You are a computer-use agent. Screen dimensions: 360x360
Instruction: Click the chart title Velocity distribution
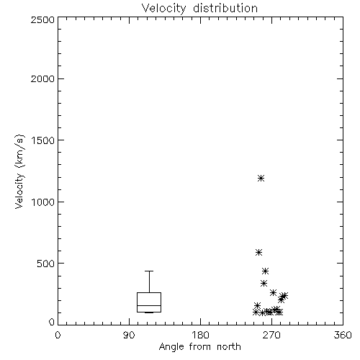[x=199, y=9]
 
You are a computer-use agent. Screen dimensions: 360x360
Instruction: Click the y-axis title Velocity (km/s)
[x=19, y=171]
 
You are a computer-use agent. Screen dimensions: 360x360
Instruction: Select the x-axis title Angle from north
[x=200, y=346]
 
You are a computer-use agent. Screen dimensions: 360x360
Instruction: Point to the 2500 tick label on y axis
[x=43, y=19]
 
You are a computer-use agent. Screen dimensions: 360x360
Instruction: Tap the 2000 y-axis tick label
[x=43, y=78]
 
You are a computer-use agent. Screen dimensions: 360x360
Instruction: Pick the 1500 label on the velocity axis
[x=43, y=140]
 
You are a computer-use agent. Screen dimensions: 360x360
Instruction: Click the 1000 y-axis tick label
[x=43, y=202]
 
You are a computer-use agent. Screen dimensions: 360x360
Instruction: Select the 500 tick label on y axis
[x=46, y=264]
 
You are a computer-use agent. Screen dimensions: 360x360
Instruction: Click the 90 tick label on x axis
[x=129, y=335]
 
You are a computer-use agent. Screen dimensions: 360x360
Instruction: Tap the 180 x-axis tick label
[x=200, y=335]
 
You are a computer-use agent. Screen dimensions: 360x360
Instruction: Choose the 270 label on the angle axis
[x=271, y=335]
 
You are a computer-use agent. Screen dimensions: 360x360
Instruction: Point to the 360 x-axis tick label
[x=343, y=335]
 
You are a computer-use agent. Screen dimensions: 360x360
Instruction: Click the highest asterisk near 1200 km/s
[x=261, y=178]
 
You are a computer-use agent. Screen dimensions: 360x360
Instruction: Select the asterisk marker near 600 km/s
[x=258, y=252]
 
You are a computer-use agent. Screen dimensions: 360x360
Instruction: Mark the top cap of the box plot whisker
[x=149, y=271]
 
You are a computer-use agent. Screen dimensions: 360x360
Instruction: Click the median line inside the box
[x=149, y=305]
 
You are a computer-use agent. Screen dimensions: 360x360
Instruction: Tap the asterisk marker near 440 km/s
[x=265, y=271]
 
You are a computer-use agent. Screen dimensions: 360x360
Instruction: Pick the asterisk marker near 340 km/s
[x=264, y=284]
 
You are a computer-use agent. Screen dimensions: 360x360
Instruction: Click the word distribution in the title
[x=225, y=8]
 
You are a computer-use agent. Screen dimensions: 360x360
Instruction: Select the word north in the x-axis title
[x=229, y=346]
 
